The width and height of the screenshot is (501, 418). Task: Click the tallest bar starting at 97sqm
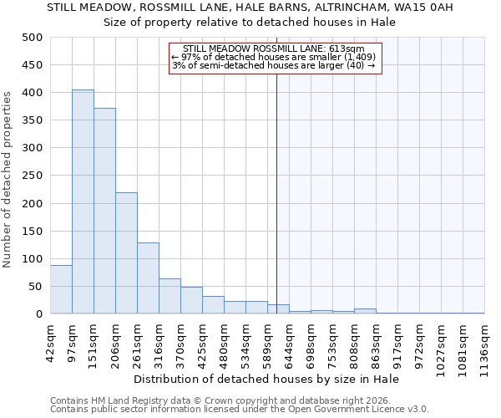pyautogui.click(x=83, y=201)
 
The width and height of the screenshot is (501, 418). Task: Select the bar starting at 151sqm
pyautogui.click(x=104, y=211)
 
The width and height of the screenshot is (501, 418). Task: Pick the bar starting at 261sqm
pyautogui.click(x=148, y=278)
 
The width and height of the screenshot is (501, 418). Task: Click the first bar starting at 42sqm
pyautogui.click(x=61, y=289)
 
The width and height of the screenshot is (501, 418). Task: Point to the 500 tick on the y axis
pyautogui.click(x=33, y=38)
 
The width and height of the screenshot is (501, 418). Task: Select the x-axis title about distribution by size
pyautogui.click(x=266, y=379)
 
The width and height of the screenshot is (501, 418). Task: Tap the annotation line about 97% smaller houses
pyautogui.click(x=275, y=57)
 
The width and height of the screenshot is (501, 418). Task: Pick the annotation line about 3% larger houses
pyautogui.click(x=275, y=65)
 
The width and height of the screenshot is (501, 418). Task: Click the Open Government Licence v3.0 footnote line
pyautogui.click(x=240, y=409)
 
